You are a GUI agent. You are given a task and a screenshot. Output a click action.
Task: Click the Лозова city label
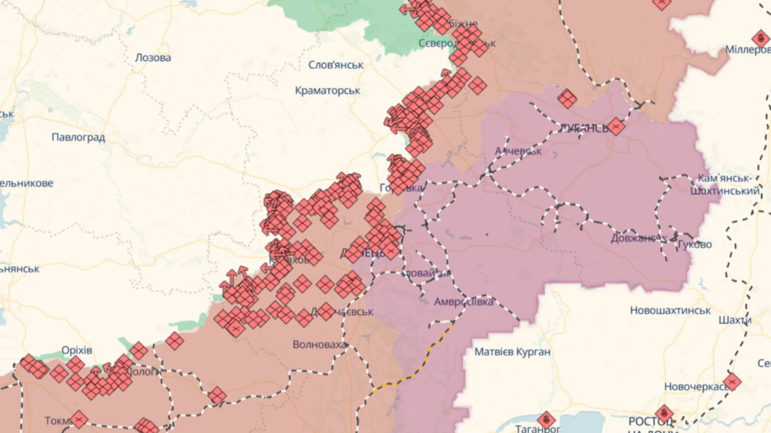coord(153,58)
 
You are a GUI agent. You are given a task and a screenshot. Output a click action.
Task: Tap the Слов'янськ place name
coord(336,65)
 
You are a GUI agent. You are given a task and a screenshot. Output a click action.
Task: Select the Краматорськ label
coord(327,91)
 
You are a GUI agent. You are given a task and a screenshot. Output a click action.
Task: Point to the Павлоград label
coord(78,138)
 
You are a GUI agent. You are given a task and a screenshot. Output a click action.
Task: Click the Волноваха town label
coord(319,345)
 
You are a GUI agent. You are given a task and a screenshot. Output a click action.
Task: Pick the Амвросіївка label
coord(463,302)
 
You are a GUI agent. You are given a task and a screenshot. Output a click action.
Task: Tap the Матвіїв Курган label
coord(512,352)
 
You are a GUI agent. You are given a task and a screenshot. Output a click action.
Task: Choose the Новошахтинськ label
coord(670,310)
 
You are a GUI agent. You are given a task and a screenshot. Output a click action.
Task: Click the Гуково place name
coord(695,244)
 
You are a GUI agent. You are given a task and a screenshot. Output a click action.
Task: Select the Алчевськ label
coord(518,151)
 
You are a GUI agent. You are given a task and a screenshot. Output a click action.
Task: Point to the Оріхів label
coord(77,350)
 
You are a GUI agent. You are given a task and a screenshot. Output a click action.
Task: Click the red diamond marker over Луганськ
coord(616,126)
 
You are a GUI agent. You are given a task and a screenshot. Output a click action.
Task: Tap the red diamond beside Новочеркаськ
coord(732,382)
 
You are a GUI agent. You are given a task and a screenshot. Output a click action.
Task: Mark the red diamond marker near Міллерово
coord(760,39)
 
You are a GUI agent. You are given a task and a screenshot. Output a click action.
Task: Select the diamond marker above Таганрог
coord(546,420)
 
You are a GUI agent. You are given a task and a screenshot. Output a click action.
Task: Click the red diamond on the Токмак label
coord(79,420)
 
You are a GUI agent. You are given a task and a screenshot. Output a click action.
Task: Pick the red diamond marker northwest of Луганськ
coord(567,99)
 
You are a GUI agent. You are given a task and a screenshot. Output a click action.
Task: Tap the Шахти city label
coord(735,320)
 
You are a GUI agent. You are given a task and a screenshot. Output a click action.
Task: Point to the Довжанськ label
coord(638,238)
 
